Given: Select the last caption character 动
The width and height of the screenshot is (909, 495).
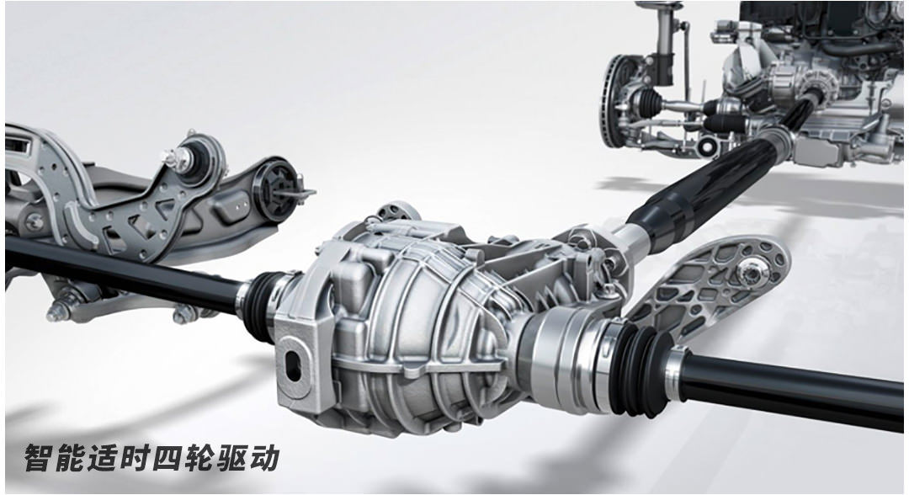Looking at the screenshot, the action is coord(264,458).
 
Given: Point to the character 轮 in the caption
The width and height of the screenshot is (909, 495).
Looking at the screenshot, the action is coord(200,458).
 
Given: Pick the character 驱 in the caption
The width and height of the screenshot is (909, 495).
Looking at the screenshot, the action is coord(232,458).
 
